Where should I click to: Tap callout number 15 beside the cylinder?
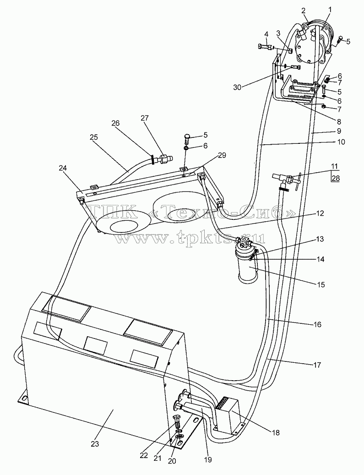(321, 284)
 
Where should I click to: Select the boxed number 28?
(336, 179)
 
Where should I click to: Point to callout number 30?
(238, 87)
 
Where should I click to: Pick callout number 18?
(275, 432)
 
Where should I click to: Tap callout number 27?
(145, 118)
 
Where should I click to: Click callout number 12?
(320, 213)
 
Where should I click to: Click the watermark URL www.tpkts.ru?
(189, 239)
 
